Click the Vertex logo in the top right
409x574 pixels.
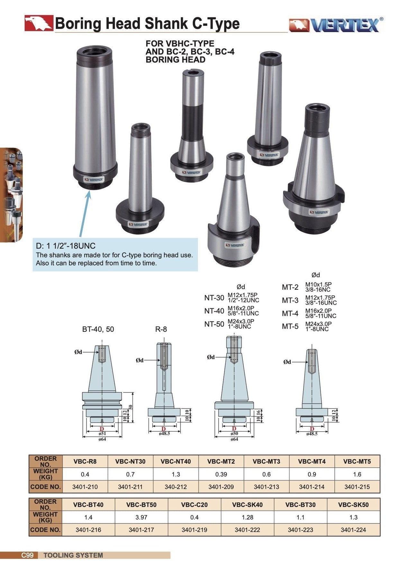336,25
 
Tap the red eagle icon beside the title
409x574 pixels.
39,23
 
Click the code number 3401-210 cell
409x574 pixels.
85,487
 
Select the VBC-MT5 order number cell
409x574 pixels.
357,461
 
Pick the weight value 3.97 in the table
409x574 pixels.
141,517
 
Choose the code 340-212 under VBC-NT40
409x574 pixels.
176,487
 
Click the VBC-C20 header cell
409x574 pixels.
194,505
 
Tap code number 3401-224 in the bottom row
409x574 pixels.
353,530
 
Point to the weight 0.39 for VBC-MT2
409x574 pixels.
221,474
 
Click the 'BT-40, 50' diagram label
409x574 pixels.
98,329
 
